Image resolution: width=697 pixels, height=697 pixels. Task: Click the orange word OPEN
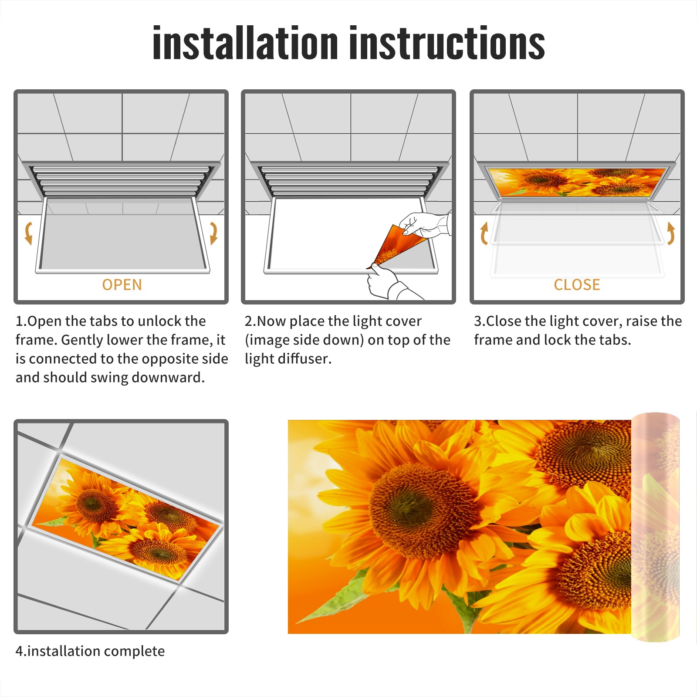point(122,285)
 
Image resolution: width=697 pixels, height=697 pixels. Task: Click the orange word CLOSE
point(577,285)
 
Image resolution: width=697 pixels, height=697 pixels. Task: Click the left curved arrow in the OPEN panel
point(28,233)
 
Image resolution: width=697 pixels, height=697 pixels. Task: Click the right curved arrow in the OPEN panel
point(214,233)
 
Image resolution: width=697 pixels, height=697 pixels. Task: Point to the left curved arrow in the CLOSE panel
point(484,233)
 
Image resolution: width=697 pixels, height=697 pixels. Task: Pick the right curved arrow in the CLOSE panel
point(671,233)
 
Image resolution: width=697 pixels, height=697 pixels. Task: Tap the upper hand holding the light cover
point(425,224)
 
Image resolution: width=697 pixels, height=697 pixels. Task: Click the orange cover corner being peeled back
point(394,246)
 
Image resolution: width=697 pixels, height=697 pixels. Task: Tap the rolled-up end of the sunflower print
point(655,527)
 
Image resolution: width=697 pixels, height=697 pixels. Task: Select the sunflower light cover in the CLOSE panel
point(577,183)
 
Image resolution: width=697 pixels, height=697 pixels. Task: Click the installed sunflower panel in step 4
point(126,518)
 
